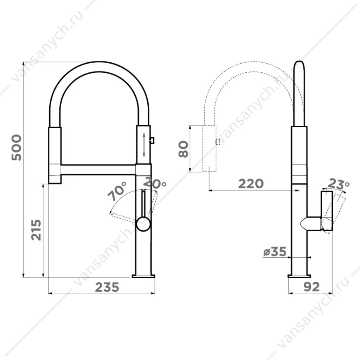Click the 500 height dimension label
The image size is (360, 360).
point(17,148)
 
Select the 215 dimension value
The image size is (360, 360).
point(36,230)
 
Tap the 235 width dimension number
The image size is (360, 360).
point(107,287)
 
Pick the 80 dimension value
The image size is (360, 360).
point(184,149)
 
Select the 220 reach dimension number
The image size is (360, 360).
point(251,184)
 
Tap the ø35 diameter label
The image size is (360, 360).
point(275,252)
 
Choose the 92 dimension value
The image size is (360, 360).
point(311,287)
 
